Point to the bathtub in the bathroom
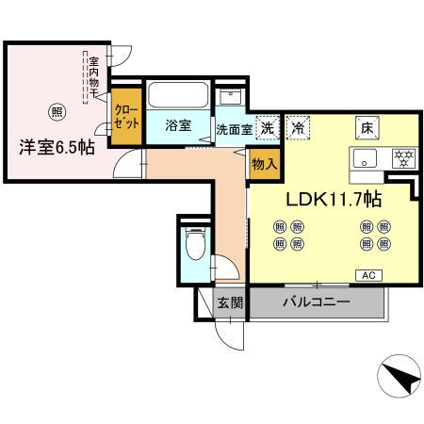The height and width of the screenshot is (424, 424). tap(179, 97)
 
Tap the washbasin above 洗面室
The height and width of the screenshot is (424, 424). tap(230, 98)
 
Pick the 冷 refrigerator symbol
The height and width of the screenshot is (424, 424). tap(298, 128)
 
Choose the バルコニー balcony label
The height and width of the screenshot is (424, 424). tap(318, 302)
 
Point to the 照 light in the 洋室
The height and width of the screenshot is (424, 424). tap(57, 110)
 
